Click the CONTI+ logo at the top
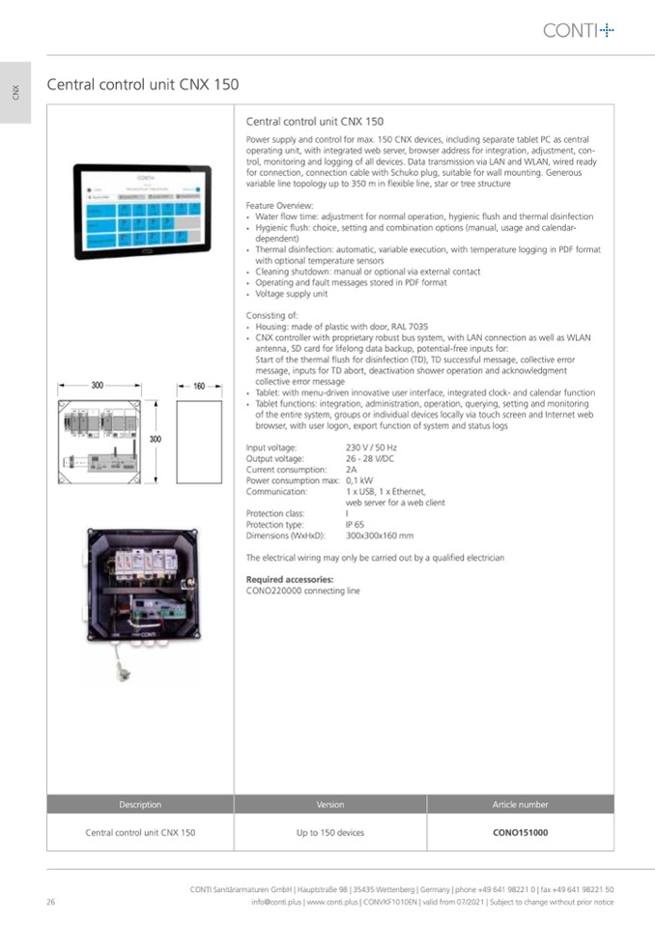click(x=578, y=31)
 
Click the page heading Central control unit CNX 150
click(x=143, y=85)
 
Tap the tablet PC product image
click(x=142, y=211)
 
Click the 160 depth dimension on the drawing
click(x=199, y=386)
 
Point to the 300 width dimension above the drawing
click(x=98, y=386)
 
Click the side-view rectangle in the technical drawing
click(x=199, y=442)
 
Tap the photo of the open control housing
click(x=142, y=585)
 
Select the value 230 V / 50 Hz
click(x=371, y=448)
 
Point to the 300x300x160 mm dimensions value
click(x=379, y=535)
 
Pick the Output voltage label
click(x=274, y=458)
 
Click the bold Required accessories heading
click(x=289, y=580)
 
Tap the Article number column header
click(x=520, y=804)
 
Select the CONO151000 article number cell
click(x=520, y=832)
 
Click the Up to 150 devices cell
click(x=329, y=832)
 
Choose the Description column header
click(x=140, y=804)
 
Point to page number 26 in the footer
click(x=50, y=902)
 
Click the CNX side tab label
click(x=15, y=93)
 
